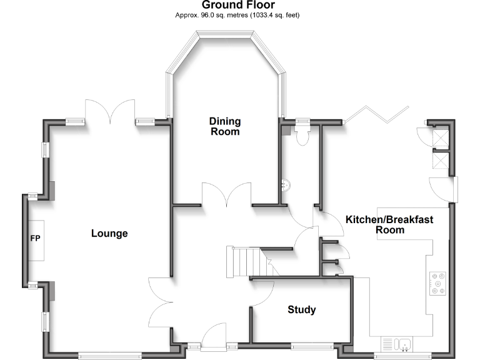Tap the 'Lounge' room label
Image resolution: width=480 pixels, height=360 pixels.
(109, 234)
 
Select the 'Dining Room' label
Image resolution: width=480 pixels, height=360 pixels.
(224, 126)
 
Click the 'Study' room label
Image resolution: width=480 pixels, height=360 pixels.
(301, 310)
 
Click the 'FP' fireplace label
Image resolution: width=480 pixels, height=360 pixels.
(34, 239)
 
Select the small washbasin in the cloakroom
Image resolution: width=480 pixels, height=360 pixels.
(285, 186)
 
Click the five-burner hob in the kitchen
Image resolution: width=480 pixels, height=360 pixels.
(437, 283)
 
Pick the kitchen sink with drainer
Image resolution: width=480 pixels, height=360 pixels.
(396, 344)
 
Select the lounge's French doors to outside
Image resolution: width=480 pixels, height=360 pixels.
(111, 111)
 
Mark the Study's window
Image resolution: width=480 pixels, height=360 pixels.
(312, 344)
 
